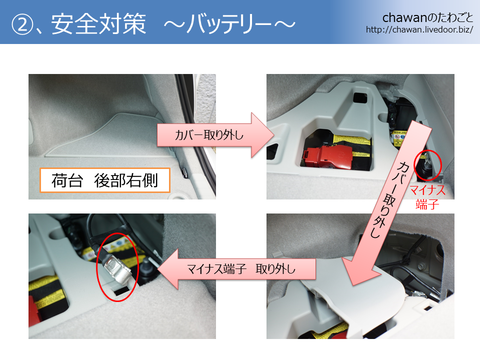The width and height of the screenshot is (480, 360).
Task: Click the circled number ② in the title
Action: pos(22,24)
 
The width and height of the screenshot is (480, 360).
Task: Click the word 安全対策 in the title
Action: pos(99,24)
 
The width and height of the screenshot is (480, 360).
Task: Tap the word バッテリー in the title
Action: pos(229,24)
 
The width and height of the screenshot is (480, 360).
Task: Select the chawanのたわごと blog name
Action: pos(427,18)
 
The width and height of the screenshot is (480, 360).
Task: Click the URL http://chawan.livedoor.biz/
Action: pos(419,30)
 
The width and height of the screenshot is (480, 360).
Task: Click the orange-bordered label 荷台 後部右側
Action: pos(105,180)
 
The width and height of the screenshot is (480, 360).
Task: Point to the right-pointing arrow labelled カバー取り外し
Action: pos(216,135)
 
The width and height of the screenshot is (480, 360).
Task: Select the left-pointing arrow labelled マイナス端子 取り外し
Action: pos(236,269)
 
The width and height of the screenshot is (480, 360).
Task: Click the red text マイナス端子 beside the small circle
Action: pos(427,197)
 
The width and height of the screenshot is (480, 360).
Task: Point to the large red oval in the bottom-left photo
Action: pos(117,267)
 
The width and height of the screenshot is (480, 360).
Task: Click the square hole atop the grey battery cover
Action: pos(360,98)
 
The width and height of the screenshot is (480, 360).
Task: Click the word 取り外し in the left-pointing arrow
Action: pos(275,269)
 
